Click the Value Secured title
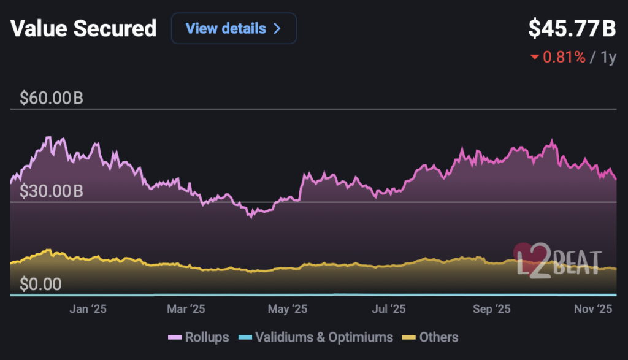click(83, 29)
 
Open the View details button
click(234, 29)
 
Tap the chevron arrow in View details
click(277, 29)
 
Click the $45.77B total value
click(572, 28)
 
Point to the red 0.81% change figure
click(564, 57)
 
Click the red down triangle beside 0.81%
click(534, 58)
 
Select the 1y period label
click(608, 57)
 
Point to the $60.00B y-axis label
click(52, 98)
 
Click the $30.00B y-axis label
click(52, 191)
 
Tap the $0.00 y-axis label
click(40, 285)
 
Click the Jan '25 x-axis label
click(88, 309)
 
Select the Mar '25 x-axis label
click(186, 309)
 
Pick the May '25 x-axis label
click(287, 309)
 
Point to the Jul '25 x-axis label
click(389, 309)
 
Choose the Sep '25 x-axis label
click(492, 309)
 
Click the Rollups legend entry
click(199, 337)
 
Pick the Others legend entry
click(430, 337)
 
